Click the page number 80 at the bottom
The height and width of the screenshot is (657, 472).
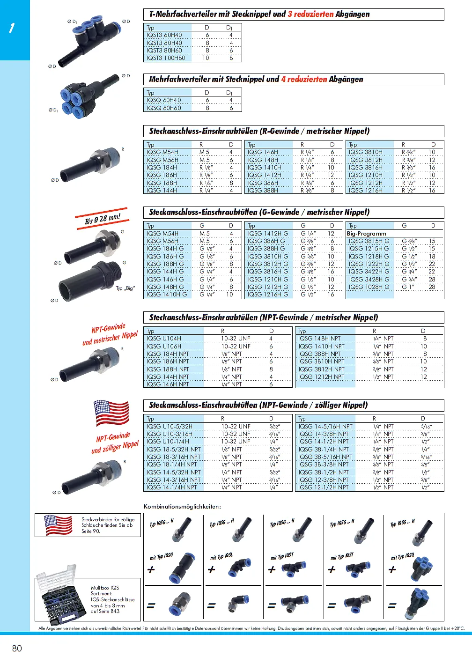click(x=17, y=648)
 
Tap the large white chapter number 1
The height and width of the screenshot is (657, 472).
click(x=12, y=29)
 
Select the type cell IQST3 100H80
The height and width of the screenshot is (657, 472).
click(x=166, y=58)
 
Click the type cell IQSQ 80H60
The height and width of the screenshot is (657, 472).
click(x=164, y=108)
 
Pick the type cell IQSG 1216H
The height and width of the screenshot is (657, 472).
click(x=366, y=191)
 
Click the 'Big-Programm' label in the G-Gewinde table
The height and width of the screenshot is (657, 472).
click(x=367, y=233)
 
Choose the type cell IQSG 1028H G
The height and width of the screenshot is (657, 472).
click(x=369, y=287)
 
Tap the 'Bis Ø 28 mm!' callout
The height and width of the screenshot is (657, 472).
click(x=103, y=219)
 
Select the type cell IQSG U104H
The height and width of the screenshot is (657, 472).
click(x=164, y=338)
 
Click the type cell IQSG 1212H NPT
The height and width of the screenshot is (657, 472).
click(x=321, y=376)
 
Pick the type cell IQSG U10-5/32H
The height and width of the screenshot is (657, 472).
click(x=170, y=426)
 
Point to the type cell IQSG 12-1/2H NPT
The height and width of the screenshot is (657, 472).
click(x=324, y=487)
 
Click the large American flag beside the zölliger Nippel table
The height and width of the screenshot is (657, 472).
click(x=111, y=413)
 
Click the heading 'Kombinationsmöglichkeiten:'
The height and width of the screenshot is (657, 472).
click(x=182, y=506)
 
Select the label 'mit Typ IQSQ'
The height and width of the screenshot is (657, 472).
click(x=402, y=556)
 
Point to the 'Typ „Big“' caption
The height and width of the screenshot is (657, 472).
click(x=125, y=288)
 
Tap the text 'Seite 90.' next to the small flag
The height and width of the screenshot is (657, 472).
click(x=91, y=531)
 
